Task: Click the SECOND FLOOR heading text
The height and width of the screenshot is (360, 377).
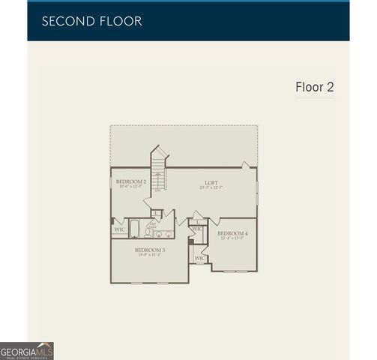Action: (91, 21)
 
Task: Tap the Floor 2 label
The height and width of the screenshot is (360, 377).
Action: (314, 87)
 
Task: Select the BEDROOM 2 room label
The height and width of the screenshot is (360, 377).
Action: (131, 181)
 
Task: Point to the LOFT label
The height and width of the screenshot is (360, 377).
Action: (211, 182)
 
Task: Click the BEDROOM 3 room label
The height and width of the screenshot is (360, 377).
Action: (150, 249)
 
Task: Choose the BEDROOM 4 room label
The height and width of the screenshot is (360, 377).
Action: (232, 233)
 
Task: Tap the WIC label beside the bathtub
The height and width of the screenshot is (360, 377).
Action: (119, 229)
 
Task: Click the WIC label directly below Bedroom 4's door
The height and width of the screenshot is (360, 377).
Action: (199, 258)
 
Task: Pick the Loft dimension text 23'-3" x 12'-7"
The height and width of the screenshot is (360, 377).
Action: (211, 187)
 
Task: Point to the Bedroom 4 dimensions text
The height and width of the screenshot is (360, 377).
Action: (232, 239)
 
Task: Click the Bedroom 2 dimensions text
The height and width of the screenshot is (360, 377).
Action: (131, 187)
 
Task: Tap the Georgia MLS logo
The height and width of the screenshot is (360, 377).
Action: (27, 351)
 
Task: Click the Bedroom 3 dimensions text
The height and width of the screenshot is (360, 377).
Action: (150, 255)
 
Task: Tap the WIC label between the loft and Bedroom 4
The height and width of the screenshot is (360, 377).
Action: (197, 229)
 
